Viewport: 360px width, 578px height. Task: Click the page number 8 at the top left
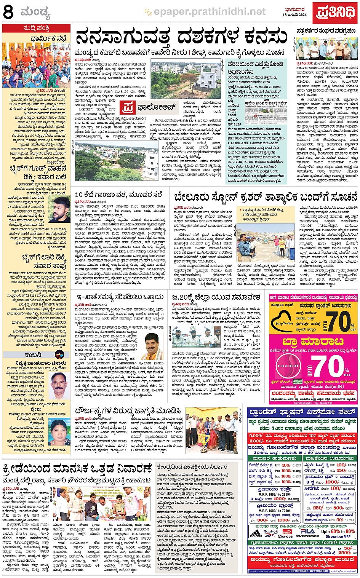[x=8, y=13]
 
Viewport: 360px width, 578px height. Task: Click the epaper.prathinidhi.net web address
[x=209, y=12]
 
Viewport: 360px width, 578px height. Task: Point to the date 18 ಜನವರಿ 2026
[x=294, y=14]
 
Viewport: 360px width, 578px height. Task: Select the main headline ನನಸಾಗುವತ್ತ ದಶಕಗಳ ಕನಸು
[x=181, y=37]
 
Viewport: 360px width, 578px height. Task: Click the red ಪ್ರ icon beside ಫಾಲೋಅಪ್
[x=127, y=107]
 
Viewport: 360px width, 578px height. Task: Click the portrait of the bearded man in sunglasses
[x=59, y=210]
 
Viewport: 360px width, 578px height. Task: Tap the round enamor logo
[x=288, y=366]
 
